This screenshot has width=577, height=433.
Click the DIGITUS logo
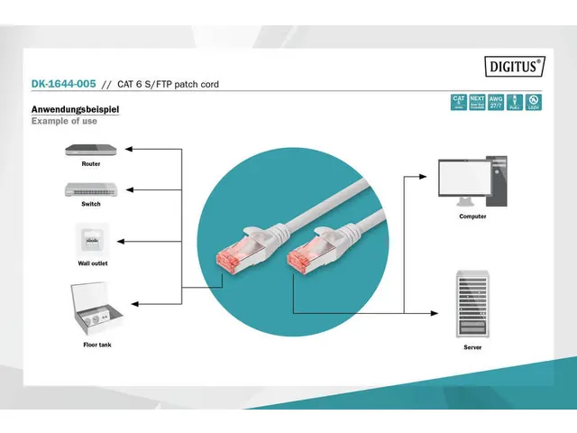coord(516,65)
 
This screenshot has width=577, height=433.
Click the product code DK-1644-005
coord(63,85)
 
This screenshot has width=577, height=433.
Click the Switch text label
coord(90,204)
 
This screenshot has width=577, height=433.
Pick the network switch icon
coord(90,189)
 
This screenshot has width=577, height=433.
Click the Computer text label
coord(472,216)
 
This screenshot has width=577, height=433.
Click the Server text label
coord(472,347)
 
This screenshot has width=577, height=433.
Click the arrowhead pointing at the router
coord(128,148)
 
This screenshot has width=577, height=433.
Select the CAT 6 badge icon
coord(458,102)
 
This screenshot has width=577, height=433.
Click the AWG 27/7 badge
coord(495,102)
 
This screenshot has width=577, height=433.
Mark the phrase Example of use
coord(64,121)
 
